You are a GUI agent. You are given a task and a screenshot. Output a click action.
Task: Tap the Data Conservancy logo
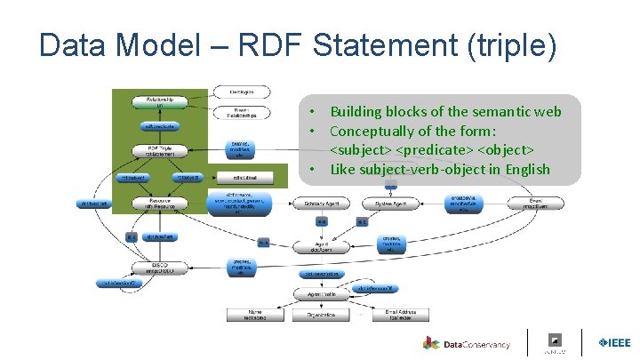point(467,344)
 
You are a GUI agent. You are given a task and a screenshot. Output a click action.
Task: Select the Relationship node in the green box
point(160,102)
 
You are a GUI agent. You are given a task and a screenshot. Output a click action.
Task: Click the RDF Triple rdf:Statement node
point(160,151)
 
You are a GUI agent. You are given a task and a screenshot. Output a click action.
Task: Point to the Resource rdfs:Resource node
point(160,204)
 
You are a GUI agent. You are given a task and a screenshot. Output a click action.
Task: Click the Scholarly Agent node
point(321,204)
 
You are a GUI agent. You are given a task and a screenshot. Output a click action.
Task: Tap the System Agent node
point(390,204)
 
